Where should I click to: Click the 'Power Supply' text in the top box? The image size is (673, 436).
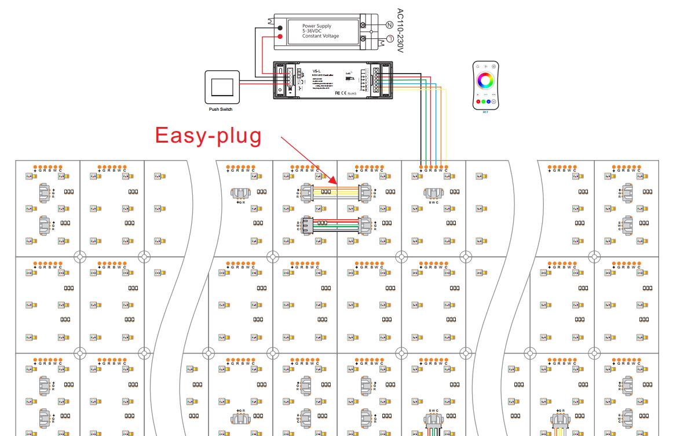point(317,27)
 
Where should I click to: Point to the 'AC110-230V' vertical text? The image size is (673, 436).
point(398,30)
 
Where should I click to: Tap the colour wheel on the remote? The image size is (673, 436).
point(485,81)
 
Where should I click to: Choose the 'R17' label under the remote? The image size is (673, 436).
point(485,112)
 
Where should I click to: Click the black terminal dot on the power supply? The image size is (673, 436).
point(280,27)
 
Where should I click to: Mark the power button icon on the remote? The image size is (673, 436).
point(493,67)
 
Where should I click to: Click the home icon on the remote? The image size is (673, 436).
point(478,67)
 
